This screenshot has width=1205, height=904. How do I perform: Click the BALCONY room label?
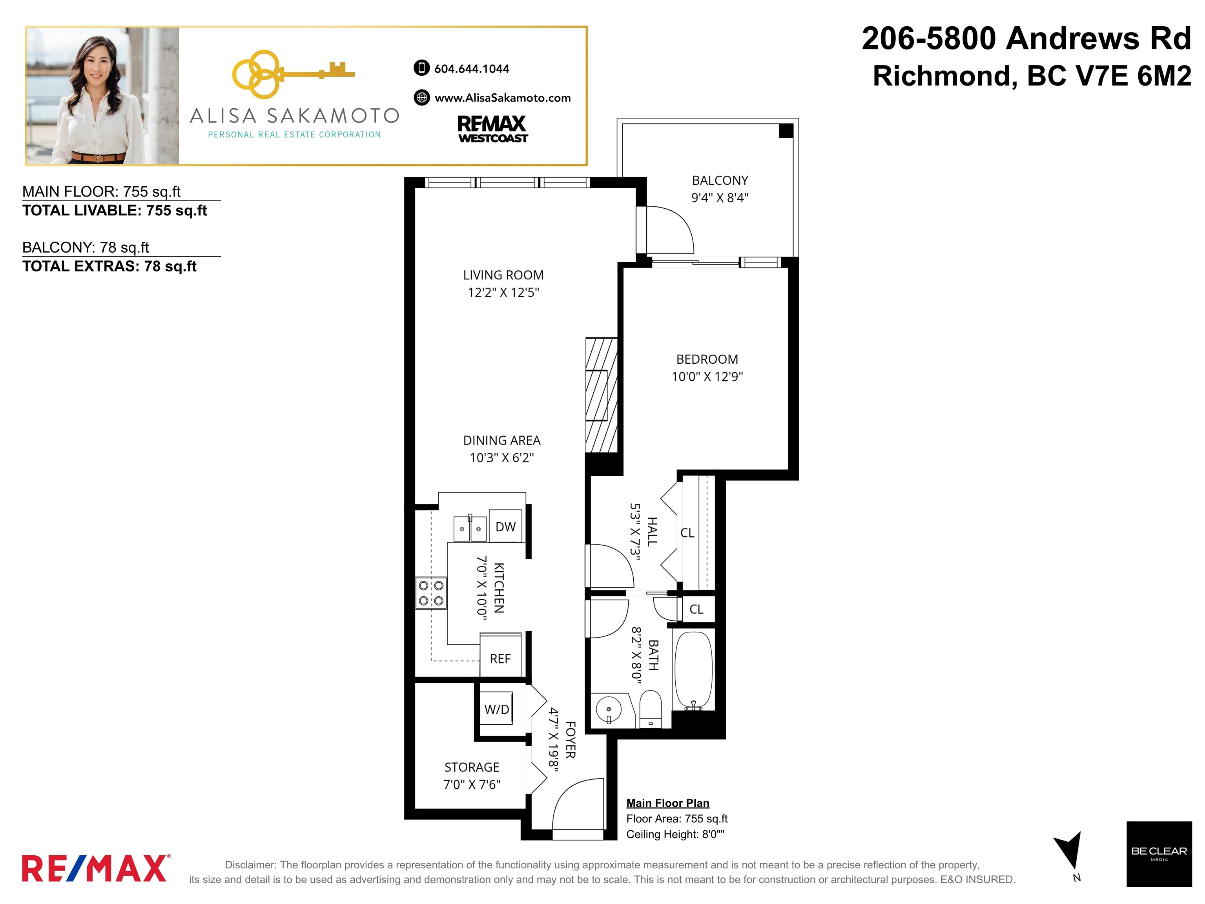tap(720, 180)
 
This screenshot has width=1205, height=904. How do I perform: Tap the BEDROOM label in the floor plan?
tap(707, 359)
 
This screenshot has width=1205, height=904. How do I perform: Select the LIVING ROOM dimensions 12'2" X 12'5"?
tap(503, 292)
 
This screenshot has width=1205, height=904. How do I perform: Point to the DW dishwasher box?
tap(505, 526)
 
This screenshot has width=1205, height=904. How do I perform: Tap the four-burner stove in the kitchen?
tap(431, 593)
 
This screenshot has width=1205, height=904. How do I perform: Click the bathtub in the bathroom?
tap(693, 671)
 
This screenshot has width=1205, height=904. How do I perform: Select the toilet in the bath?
tap(650, 709)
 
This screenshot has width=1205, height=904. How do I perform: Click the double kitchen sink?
tap(470, 528)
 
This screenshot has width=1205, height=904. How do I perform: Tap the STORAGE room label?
tap(472, 767)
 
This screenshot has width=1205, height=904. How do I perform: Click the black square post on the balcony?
tap(786, 131)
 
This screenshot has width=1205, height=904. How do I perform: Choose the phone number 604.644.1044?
tap(472, 69)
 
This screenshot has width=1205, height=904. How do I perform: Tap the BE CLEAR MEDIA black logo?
tap(1159, 853)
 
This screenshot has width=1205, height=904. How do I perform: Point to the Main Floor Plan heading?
tap(668, 803)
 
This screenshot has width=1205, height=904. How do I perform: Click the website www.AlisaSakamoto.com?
tap(502, 98)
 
